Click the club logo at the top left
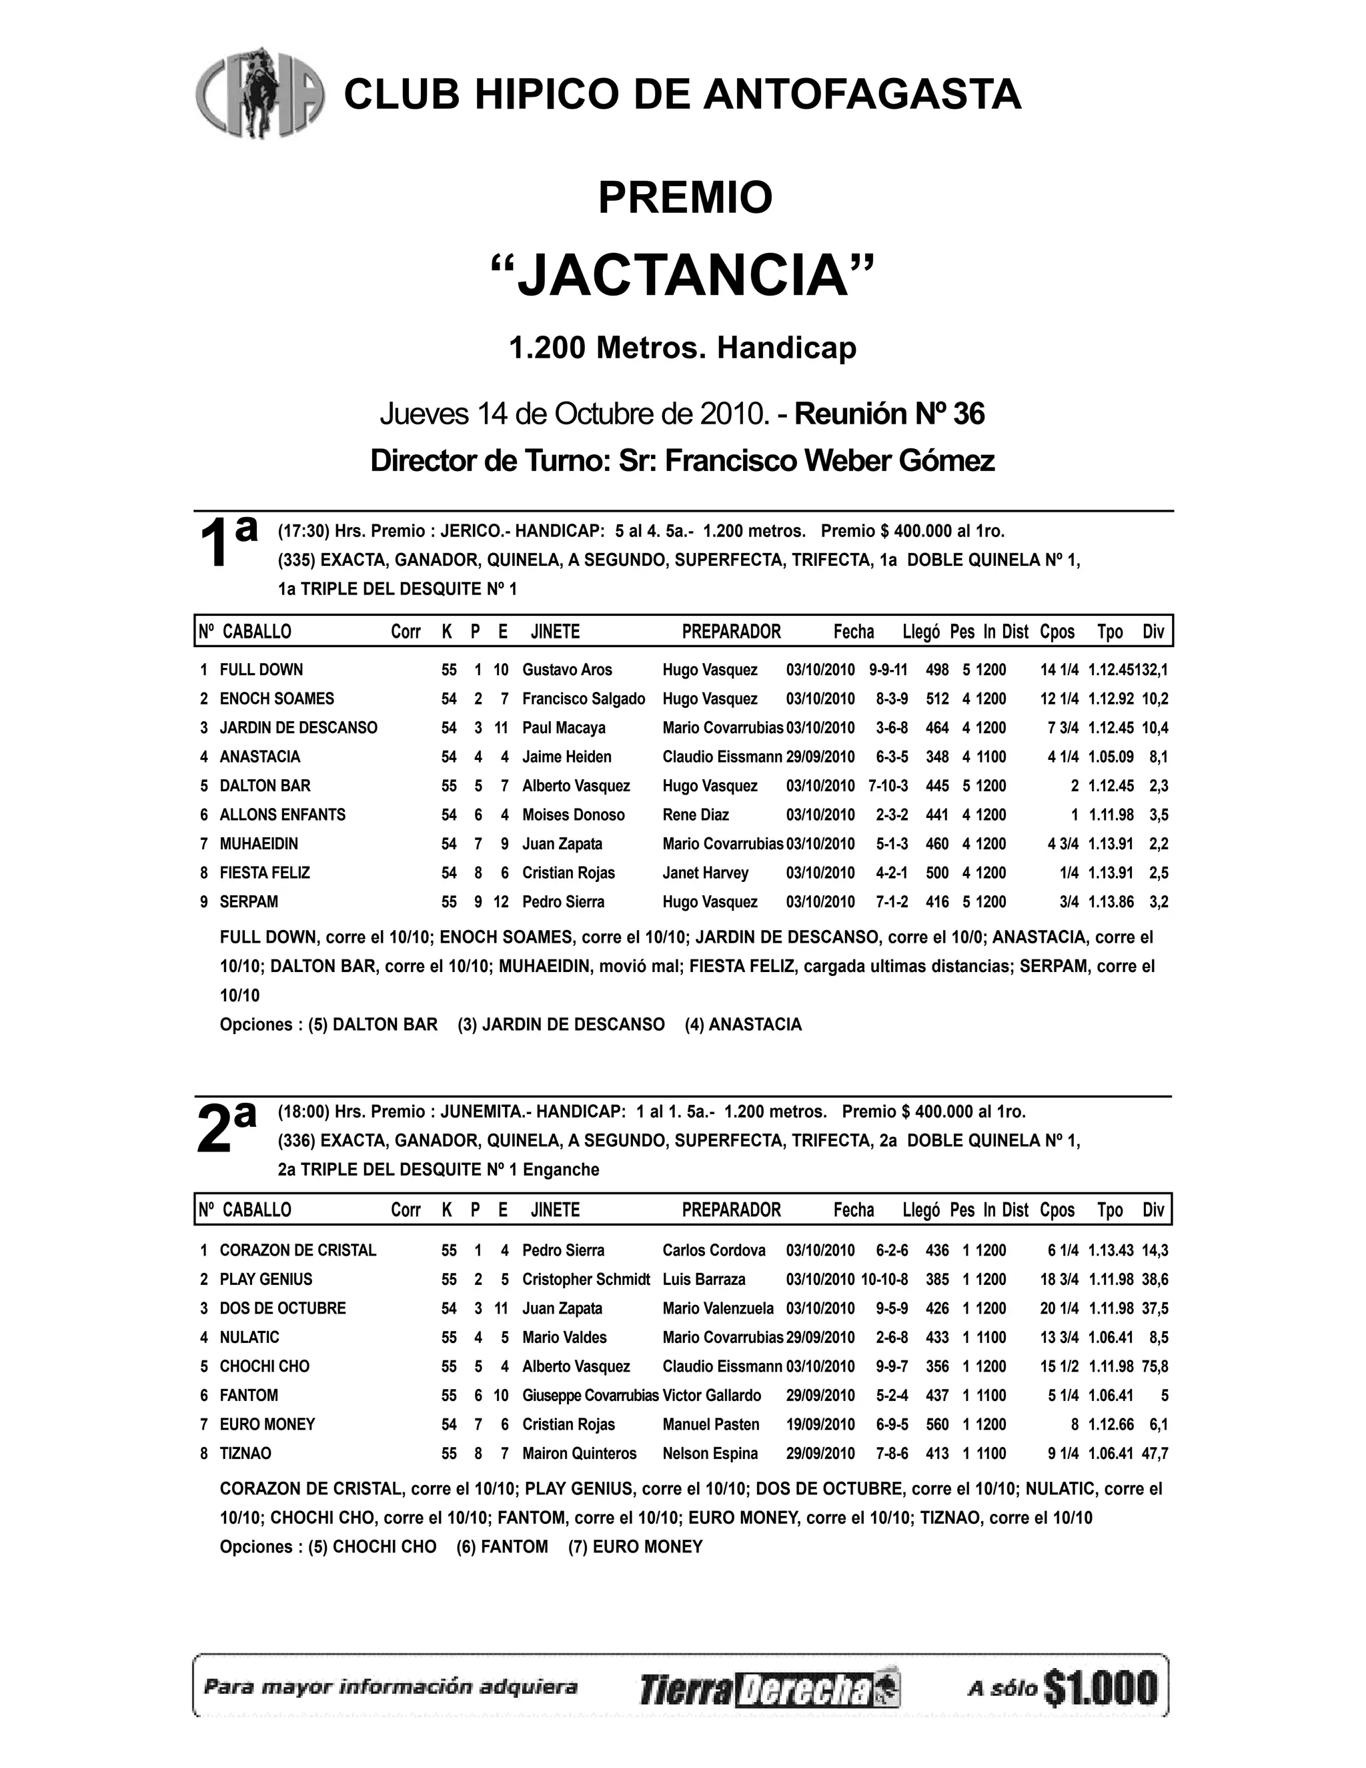(259, 92)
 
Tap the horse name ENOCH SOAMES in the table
(277, 699)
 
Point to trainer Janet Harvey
(705, 873)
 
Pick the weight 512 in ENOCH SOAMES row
(937, 699)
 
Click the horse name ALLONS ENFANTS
(282, 815)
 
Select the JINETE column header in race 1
(555, 631)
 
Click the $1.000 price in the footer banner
(1101, 1688)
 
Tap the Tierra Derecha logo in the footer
(769, 1689)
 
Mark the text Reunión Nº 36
(889, 414)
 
